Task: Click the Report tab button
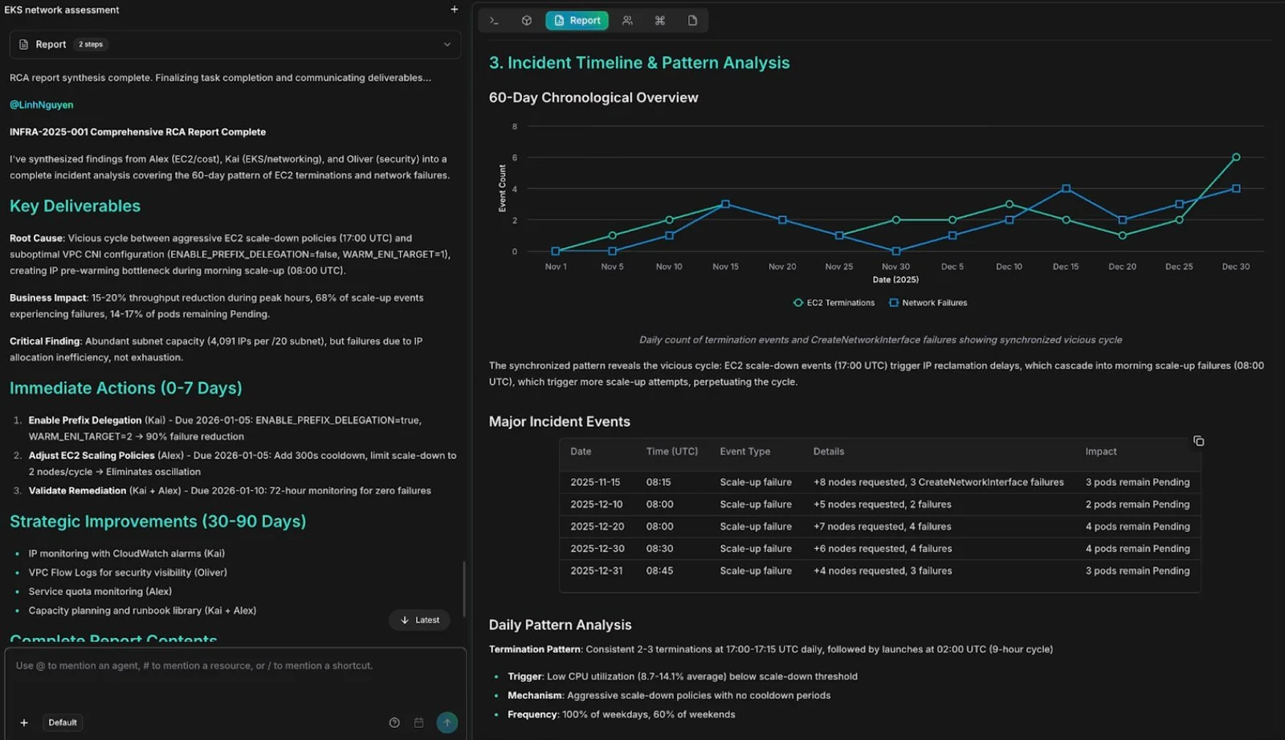tap(577, 21)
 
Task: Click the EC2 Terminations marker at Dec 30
tap(1236, 157)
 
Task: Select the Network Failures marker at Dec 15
tap(1066, 188)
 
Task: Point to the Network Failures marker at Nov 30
tap(896, 251)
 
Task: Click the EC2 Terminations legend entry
tap(834, 303)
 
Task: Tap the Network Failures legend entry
tap(928, 303)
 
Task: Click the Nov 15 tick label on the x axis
tap(726, 267)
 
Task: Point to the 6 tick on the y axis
tap(515, 157)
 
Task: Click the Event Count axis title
tap(503, 188)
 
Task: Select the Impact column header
tap(1101, 452)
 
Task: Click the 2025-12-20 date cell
tap(598, 526)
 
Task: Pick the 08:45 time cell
tap(659, 570)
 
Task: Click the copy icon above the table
tap(1198, 441)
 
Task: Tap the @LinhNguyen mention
tap(41, 104)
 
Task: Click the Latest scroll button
tap(419, 620)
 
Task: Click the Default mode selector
tap(63, 722)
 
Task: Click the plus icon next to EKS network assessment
tap(455, 9)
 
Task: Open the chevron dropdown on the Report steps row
tap(447, 44)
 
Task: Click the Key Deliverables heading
tap(75, 206)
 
